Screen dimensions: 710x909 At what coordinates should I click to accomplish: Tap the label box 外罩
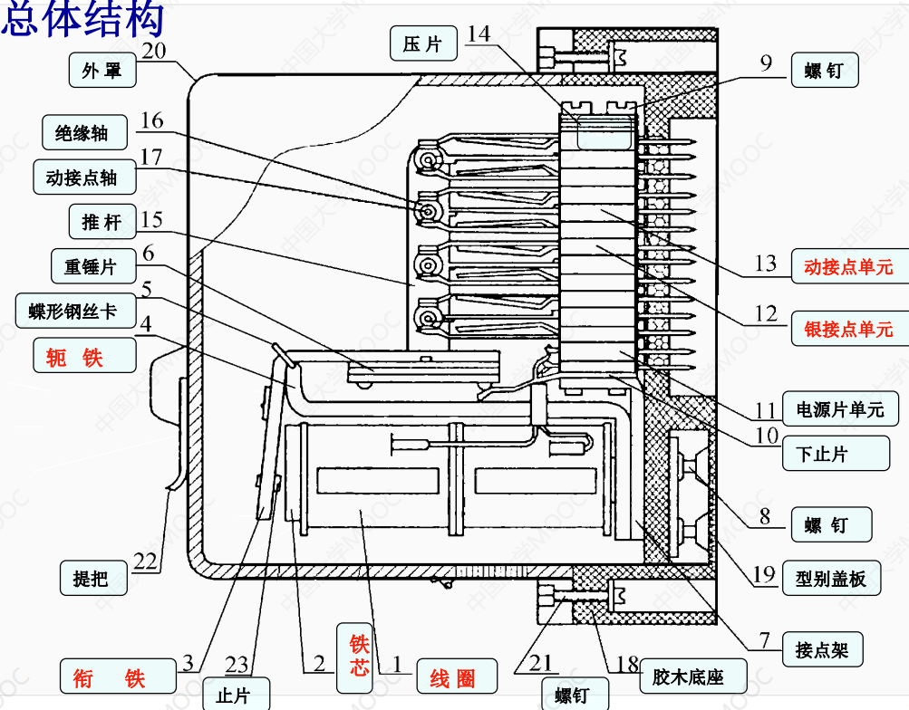tap(102, 71)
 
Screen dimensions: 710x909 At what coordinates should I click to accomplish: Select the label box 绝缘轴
tap(82, 133)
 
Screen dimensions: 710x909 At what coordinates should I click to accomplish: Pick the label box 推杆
tap(102, 222)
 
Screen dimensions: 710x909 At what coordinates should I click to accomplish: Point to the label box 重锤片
tap(89, 267)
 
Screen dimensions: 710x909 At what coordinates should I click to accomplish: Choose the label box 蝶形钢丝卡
tap(73, 312)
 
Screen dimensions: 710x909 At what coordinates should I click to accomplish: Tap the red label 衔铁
tap(110, 676)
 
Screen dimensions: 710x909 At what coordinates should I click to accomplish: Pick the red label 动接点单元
tap(848, 267)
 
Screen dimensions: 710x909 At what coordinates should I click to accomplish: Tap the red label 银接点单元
tap(848, 328)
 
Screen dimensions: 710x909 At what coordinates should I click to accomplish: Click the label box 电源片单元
tap(839, 409)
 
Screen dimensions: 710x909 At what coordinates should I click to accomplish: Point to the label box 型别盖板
tap(831, 578)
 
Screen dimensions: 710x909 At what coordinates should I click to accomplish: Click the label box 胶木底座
tap(688, 676)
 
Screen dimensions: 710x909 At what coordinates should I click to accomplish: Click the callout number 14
tap(479, 34)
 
